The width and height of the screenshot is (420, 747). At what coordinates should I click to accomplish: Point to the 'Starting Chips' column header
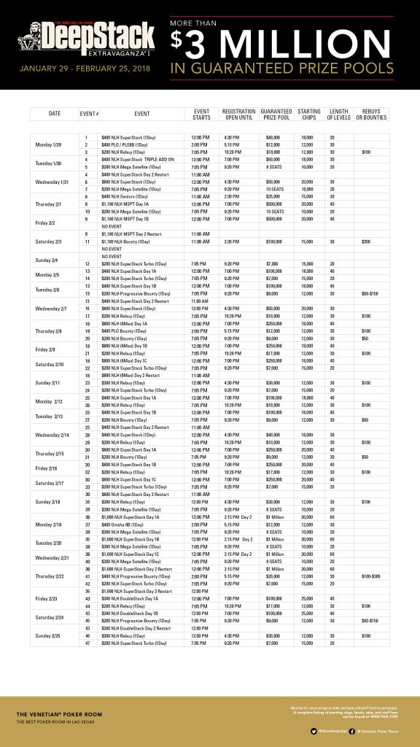click(309, 114)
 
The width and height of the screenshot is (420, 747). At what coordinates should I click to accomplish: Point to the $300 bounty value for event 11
click(366, 240)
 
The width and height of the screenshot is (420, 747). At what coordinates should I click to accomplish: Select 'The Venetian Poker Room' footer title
click(59, 715)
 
